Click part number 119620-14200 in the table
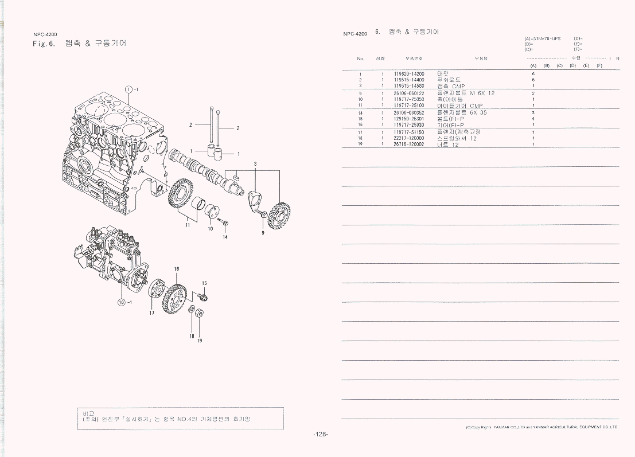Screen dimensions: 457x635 point(409,74)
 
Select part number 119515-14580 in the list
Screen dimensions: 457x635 point(409,86)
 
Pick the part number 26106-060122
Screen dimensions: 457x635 point(409,93)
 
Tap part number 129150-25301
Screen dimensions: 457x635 point(409,119)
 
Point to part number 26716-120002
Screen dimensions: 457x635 point(409,144)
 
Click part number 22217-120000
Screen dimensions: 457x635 point(409,138)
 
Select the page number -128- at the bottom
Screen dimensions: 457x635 point(321,435)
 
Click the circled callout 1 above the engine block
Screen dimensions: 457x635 point(128,88)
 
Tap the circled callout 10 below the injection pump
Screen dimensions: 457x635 point(121,302)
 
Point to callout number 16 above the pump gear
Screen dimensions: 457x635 point(177,269)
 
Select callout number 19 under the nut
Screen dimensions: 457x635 point(200,341)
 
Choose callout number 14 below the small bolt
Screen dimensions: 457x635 point(225,237)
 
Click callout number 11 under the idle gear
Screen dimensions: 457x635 point(187,226)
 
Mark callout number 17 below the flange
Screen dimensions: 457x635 point(152,313)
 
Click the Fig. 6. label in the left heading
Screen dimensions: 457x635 point(44,44)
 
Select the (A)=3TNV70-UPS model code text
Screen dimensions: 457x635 point(542,38)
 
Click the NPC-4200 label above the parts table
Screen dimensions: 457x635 point(355,34)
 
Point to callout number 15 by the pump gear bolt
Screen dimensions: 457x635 point(204,283)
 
